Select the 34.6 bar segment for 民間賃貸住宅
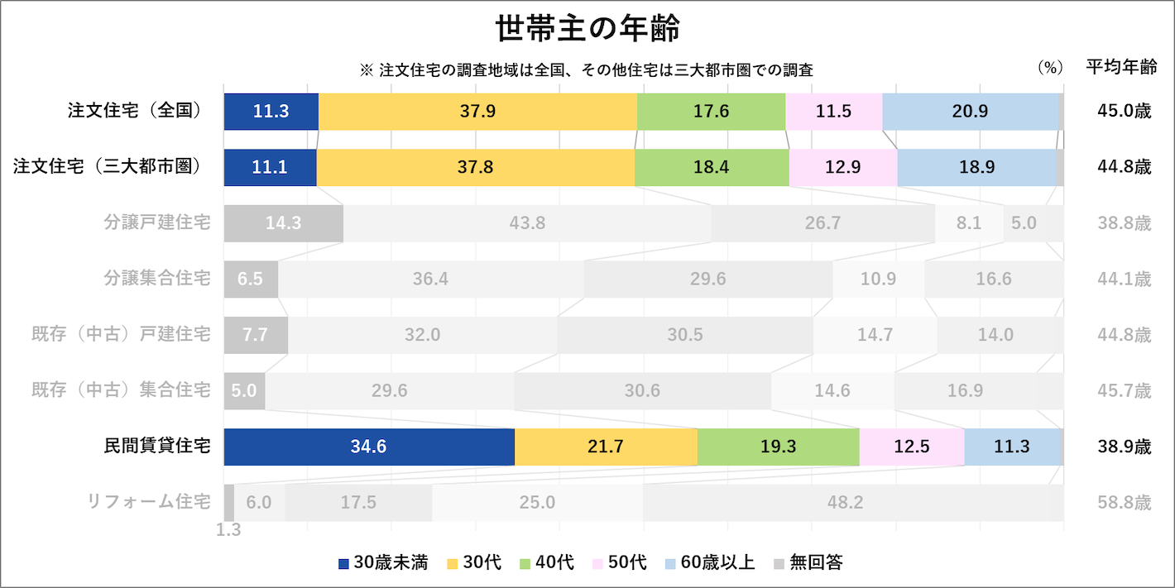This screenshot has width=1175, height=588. [369, 447]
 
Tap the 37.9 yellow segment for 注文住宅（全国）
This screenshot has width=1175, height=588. [477, 112]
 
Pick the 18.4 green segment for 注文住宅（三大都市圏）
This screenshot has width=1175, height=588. [712, 167]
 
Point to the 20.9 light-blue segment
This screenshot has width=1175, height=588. [970, 112]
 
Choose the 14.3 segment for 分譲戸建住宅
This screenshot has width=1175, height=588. [283, 223]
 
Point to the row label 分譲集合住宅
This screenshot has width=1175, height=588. [157, 279]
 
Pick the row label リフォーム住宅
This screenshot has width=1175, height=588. [149, 502]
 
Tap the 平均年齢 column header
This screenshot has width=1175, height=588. [1121, 69]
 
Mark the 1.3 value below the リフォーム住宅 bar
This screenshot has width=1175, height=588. [228, 530]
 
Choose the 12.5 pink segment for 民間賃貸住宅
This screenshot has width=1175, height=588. [912, 447]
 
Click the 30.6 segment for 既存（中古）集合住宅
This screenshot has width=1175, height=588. [642, 390]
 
